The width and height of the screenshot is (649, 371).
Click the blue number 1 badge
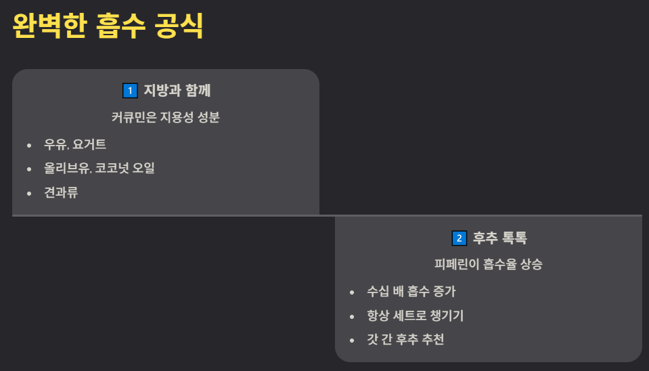pyautogui.click(x=130, y=90)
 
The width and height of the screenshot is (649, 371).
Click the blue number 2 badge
pyautogui.click(x=459, y=238)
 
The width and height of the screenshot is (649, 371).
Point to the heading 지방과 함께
pyautogui.click(x=183, y=90)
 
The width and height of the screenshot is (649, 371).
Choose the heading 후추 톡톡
pyautogui.click(x=500, y=238)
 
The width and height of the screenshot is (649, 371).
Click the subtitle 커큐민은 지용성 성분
pyautogui.click(x=166, y=117)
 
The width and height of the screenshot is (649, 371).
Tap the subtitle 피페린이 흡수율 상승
pyautogui.click(x=488, y=264)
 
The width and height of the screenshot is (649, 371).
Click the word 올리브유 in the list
pyautogui.click(x=67, y=168)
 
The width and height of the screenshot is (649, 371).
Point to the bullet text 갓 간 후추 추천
pyautogui.click(x=405, y=339)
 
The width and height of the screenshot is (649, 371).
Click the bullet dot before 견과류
pyautogui.click(x=29, y=193)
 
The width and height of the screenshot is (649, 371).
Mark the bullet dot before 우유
pyautogui.click(x=29, y=145)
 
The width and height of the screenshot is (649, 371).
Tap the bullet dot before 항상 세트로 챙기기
pyautogui.click(x=352, y=316)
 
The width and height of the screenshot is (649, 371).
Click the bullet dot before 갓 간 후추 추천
pyautogui.click(x=352, y=340)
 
